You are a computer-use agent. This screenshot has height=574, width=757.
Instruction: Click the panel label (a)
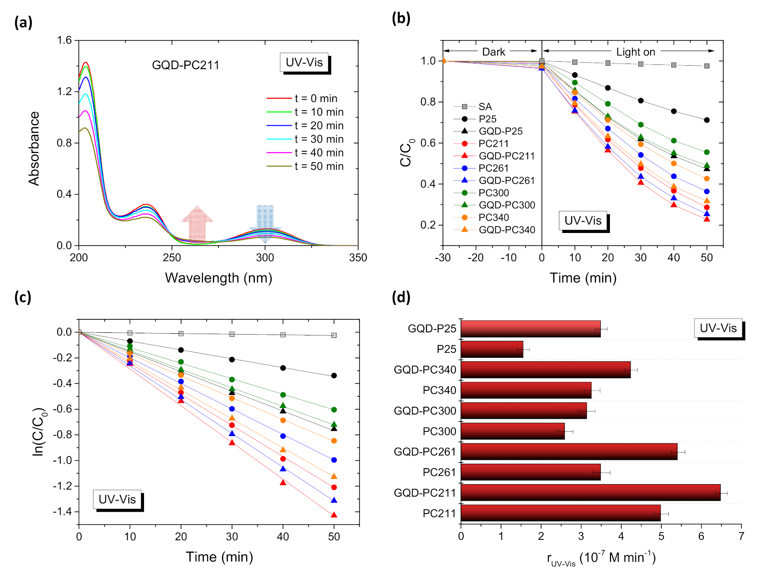coord(23,22)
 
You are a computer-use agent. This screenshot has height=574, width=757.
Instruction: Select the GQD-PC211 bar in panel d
coord(590,493)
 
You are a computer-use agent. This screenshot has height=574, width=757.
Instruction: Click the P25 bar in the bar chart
coord(492,349)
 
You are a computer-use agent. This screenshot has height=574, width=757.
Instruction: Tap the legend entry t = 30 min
coord(319,139)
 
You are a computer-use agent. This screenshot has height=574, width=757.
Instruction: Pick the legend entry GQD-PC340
coord(507,230)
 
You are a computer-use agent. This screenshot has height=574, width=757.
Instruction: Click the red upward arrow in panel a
coord(197,223)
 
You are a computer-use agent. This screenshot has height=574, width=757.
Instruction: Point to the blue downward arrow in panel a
coord(265,220)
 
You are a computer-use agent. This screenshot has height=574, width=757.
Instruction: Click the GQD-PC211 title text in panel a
coord(186,65)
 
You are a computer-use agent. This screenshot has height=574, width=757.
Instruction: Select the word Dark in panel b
coord(493,52)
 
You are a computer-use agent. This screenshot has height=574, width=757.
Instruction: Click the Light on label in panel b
coord(635,52)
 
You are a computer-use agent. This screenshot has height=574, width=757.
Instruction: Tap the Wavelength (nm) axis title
coord(218,278)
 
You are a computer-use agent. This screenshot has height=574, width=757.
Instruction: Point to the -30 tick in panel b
coord(443,258)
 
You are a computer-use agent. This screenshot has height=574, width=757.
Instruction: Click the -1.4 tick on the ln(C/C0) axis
coord(62,512)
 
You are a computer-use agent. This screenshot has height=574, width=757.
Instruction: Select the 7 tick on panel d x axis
coord(741,536)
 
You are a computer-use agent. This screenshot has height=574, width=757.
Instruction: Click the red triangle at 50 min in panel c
coord(334,515)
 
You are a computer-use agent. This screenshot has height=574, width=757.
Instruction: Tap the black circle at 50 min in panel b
coord(707,120)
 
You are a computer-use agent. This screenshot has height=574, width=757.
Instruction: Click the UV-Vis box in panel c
coord(117,500)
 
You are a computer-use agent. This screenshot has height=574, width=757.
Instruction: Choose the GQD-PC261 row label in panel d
coord(425,452)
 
